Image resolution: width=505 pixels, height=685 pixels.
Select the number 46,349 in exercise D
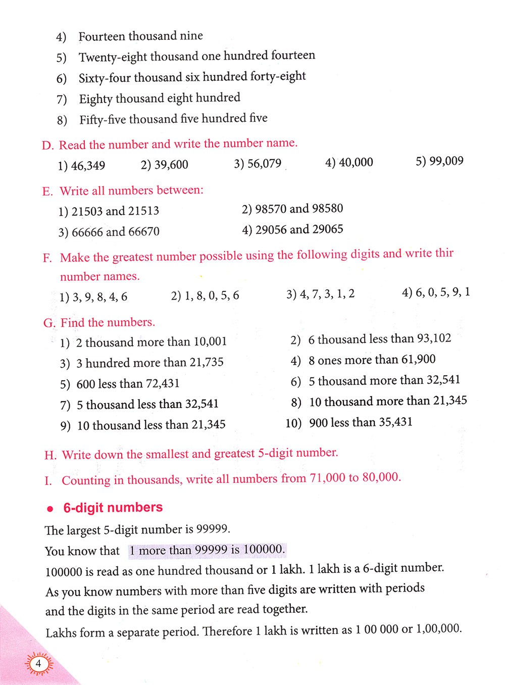[88, 165]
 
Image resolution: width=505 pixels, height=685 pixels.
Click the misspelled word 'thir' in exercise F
[444, 253]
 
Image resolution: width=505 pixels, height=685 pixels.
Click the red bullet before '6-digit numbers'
[49, 509]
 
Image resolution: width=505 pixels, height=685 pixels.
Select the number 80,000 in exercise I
[381, 477]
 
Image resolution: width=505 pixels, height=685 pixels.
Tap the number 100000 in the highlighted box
[264, 550]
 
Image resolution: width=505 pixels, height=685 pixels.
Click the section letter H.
[50, 455]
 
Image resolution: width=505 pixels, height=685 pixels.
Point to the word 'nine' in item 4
[192, 36]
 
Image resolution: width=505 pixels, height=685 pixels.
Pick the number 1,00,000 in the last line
[438, 629]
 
